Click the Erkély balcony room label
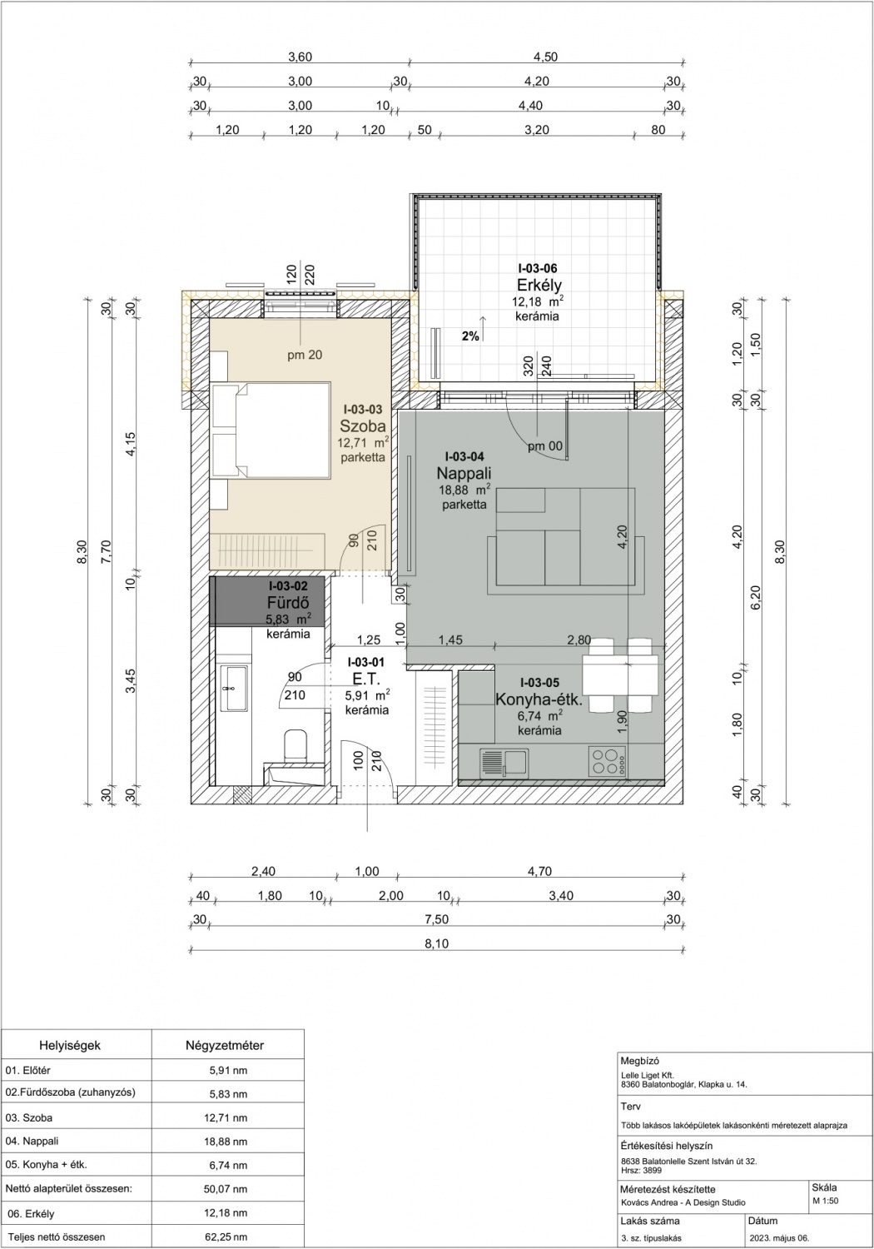539,285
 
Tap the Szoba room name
363,426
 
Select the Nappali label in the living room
464,474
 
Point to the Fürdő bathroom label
288,603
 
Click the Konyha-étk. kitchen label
539,699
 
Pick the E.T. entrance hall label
366,679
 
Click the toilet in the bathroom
295,746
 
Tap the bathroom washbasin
235,688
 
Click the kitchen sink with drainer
504,763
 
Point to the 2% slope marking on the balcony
470,336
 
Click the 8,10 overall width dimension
437,943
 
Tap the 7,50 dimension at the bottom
437,919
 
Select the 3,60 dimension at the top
300,57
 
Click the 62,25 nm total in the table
226,1237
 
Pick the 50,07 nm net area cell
226,1188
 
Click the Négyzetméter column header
225,1046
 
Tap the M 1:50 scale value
825,1201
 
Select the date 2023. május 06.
779,1238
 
